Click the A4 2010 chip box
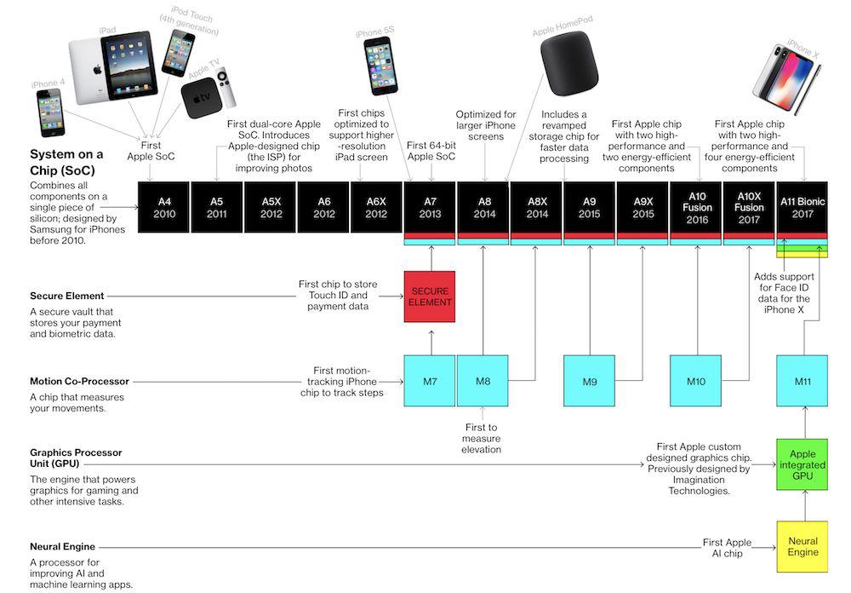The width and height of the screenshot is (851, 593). click(x=164, y=207)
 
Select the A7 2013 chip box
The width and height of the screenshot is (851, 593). click(x=430, y=207)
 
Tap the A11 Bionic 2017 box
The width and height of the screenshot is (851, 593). click(x=802, y=207)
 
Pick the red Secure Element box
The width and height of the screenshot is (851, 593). click(x=430, y=296)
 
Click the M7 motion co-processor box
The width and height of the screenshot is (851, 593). click(x=430, y=381)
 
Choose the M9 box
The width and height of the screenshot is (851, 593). click(x=590, y=381)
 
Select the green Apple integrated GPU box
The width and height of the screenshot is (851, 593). click(x=802, y=464)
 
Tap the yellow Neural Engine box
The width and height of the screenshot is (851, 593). click(x=802, y=546)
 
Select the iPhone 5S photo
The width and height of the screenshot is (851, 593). click(x=380, y=66)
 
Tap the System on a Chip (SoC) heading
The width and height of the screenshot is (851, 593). click(x=66, y=161)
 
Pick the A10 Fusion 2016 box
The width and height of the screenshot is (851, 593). click(x=696, y=207)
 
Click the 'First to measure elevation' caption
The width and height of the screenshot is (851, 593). click(x=482, y=438)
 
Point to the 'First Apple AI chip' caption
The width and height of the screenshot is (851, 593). click(x=727, y=547)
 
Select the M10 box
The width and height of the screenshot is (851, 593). click(x=696, y=381)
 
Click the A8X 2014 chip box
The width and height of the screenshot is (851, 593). click(x=537, y=207)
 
